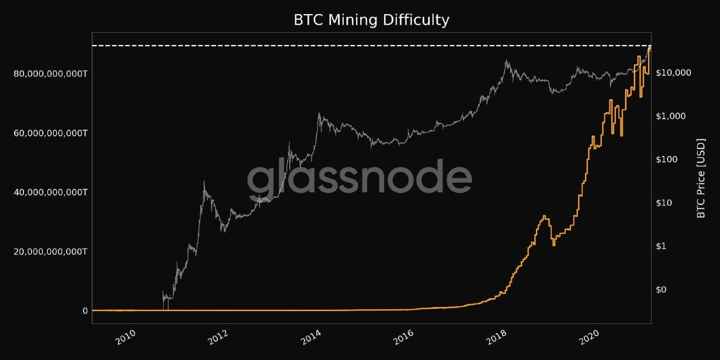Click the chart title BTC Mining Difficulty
371,20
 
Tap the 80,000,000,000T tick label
50,74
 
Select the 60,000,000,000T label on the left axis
50,133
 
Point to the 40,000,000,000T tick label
50,192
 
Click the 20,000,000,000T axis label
50,251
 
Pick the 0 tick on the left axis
85,310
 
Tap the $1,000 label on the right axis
670,116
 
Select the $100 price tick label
668,159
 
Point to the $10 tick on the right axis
665,202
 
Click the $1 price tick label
663,246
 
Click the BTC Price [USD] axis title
701,178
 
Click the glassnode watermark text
359,178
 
